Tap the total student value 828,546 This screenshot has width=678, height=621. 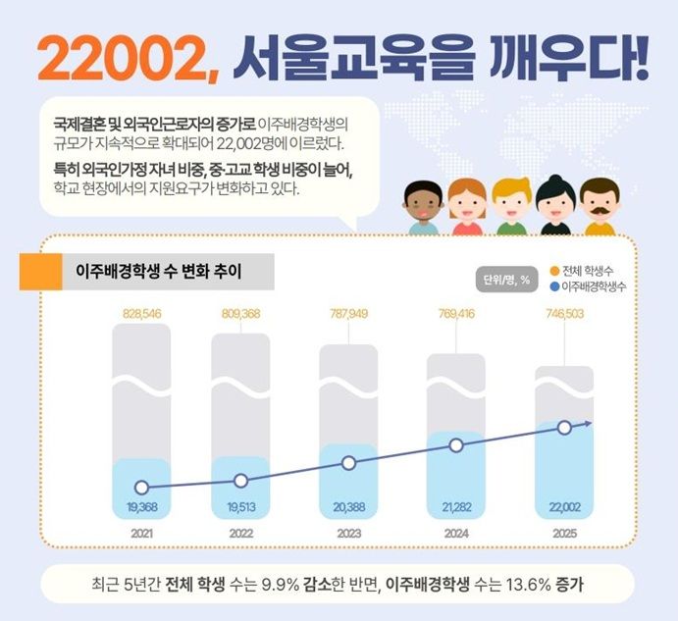tap(142, 313)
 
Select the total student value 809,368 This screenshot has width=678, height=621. tap(240, 313)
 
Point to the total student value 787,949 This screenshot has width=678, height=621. tap(348, 313)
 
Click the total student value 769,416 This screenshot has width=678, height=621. tap(455, 313)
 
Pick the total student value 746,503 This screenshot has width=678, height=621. tap(562, 313)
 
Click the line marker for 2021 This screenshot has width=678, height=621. tap(142, 488)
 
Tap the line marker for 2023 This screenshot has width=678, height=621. tap(348, 463)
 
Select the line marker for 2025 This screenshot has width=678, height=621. tap(563, 427)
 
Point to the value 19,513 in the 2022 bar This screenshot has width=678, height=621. tap(240, 507)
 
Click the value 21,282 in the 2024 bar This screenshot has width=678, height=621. tap(455, 507)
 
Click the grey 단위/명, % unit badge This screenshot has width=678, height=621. tap(506, 279)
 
